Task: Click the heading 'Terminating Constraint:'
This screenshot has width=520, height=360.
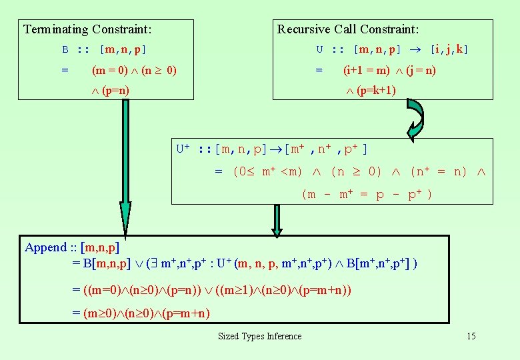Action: (x=87, y=29)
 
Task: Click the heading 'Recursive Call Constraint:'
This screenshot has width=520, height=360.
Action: (x=348, y=29)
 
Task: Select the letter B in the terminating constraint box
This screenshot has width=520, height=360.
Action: (x=65, y=49)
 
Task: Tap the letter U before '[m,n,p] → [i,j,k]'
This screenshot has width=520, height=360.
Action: (x=320, y=49)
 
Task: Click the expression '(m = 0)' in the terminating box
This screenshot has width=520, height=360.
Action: (x=111, y=70)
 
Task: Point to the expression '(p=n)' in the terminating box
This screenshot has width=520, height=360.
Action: (x=115, y=90)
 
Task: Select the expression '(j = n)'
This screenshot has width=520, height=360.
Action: (x=421, y=70)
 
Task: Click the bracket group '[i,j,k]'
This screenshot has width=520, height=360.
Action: (x=449, y=49)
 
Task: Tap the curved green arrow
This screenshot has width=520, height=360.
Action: (x=414, y=121)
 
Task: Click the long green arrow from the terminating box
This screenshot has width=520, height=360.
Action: (x=125, y=167)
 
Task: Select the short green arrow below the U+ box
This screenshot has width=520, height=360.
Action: (x=276, y=219)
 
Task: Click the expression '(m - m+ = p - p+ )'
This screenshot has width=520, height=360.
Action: (x=367, y=194)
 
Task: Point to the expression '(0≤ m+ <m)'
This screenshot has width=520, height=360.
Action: (x=267, y=171)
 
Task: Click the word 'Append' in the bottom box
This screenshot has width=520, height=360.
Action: (x=45, y=247)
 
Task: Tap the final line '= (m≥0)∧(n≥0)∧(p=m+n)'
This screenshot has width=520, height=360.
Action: (x=141, y=313)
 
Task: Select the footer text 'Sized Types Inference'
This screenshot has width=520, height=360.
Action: (x=259, y=336)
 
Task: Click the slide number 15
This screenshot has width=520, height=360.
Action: (x=471, y=336)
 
